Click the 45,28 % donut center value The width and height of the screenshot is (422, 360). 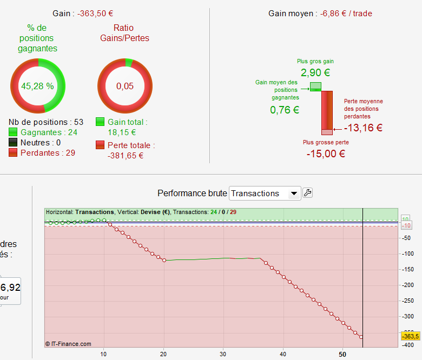coord(37,86)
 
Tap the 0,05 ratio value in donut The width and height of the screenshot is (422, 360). coord(124,86)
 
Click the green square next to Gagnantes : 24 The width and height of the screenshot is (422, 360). coord(14,132)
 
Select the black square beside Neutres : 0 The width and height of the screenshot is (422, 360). coord(14,143)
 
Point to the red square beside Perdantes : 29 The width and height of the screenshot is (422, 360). coord(14,153)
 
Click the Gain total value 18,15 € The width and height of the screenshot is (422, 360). coord(122,132)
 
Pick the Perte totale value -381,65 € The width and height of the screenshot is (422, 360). coord(126,155)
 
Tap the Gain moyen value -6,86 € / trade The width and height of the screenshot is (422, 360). coord(346,14)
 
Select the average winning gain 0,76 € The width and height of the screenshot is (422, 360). coord(285,110)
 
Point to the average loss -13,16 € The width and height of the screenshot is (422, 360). coord(363,128)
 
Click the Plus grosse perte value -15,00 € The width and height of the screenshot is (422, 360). coord(326,154)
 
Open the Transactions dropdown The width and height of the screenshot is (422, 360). coord(265,193)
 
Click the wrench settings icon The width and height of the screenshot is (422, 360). coord(307,193)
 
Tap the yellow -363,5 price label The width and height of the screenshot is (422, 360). coord(411,336)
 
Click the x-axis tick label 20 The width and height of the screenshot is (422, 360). coord(163,354)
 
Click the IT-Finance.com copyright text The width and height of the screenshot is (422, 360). coord(69,343)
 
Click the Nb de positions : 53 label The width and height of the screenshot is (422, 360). coord(46,122)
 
